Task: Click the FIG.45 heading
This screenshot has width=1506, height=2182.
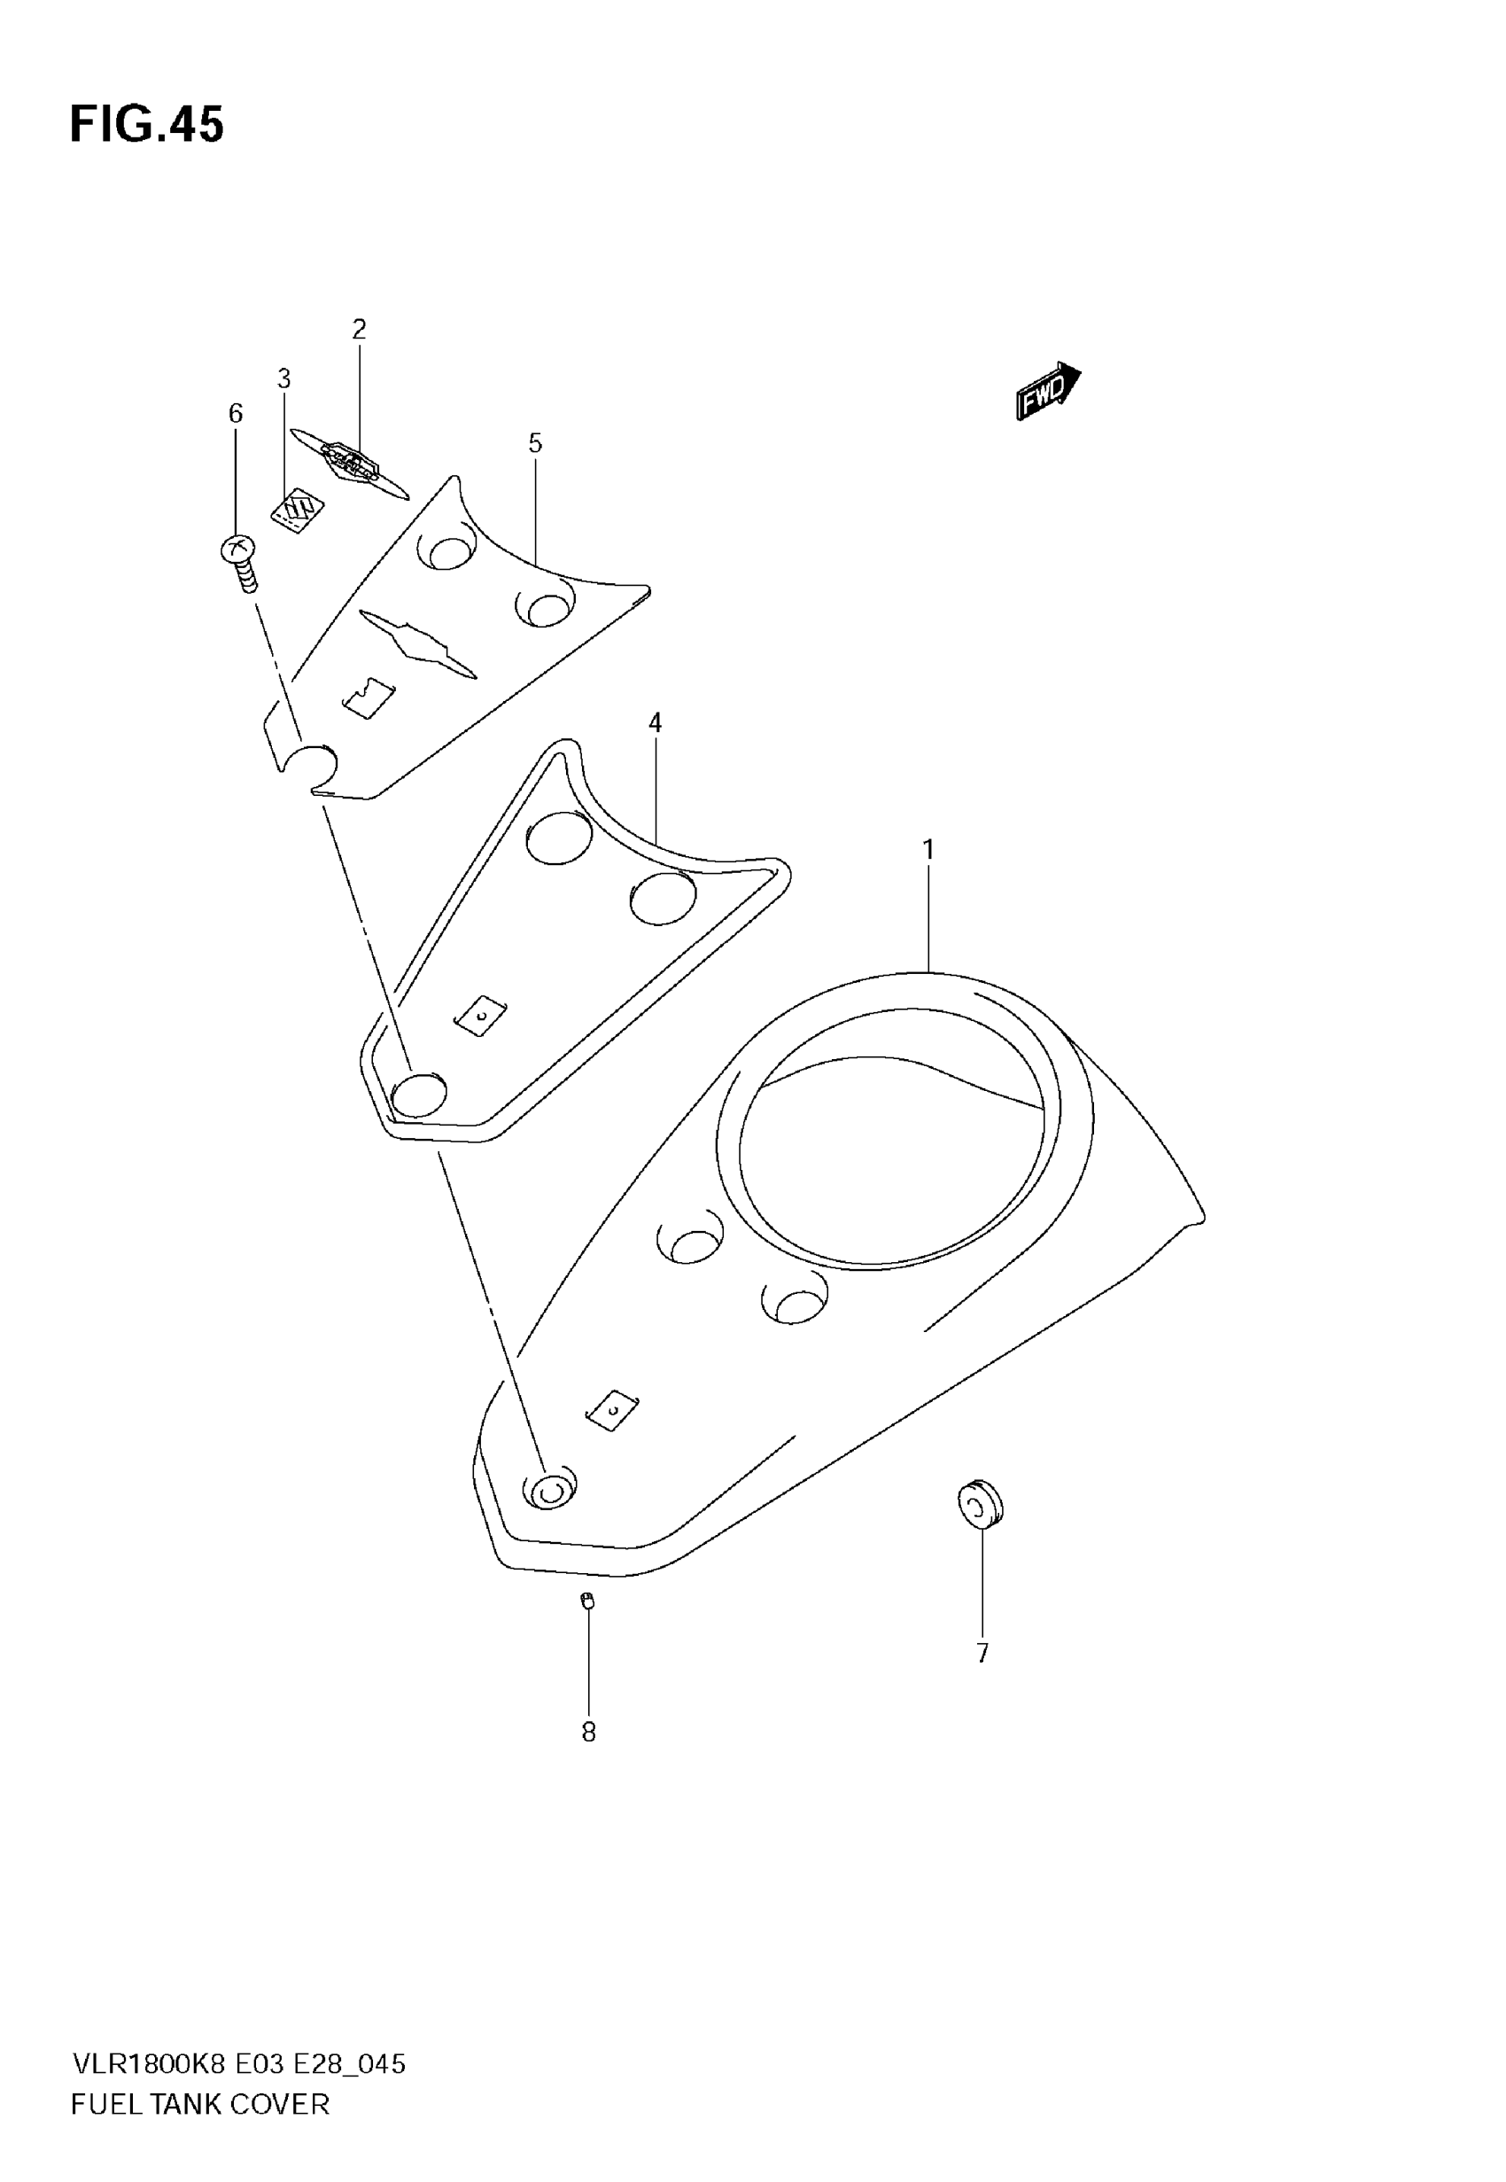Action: tap(147, 125)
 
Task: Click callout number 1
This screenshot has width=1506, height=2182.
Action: tap(928, 850)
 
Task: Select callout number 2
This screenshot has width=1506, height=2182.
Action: tap(359, 330)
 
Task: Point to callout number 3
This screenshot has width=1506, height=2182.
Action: tap(284, 379)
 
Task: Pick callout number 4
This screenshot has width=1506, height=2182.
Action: tap(655, 723)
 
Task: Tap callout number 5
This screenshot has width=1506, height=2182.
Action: tap(535, 443)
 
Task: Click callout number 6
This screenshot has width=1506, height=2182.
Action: tap(236, 413)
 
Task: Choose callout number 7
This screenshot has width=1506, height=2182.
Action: tap(982, 1654)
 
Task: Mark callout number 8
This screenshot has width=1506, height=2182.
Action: tap(588, 1733)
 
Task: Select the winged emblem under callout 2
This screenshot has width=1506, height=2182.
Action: tap(349, 464)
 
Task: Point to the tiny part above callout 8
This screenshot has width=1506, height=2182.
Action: tap(588, 1600)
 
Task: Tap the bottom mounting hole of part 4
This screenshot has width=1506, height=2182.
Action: tap(418, 1095)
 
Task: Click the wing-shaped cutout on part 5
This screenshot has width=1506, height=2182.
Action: tap(417, 642)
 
